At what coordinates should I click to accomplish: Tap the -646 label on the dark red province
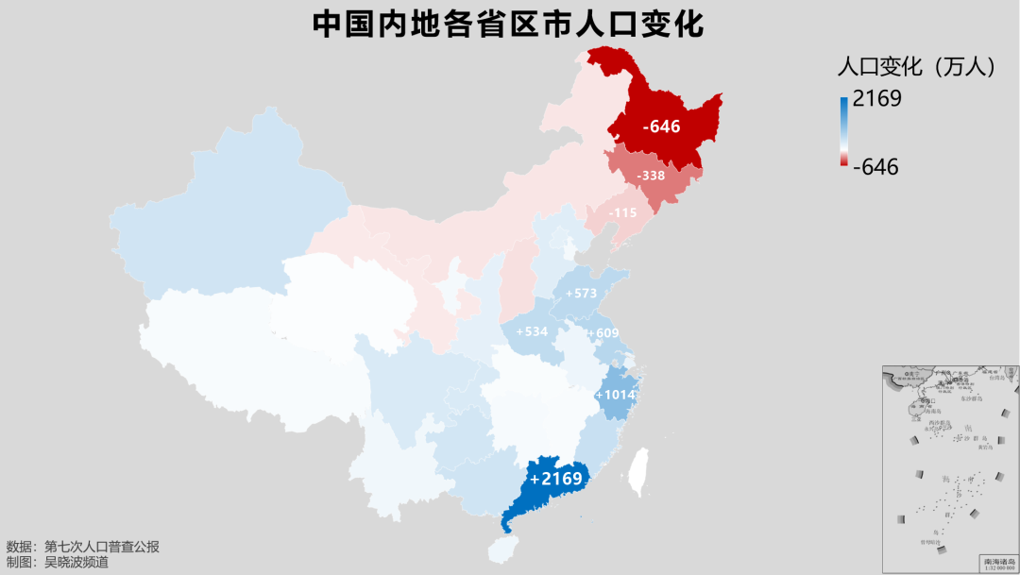pos(661,126)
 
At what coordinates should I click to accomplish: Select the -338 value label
pos(651,177)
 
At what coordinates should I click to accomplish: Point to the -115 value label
pos(622,213)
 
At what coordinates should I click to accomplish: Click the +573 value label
pos(581,294)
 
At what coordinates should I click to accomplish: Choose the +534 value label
pos(532,332)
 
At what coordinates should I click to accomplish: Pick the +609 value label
pos(603,333)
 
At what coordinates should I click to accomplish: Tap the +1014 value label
pos(617,395)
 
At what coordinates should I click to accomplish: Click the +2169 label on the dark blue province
pos(556,479)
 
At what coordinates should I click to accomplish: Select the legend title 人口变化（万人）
pos(917,66)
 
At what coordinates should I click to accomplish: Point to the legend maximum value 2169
pos(876,98)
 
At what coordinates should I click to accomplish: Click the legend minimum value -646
pos(875,167)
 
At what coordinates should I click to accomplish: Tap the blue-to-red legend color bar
pos(843,131)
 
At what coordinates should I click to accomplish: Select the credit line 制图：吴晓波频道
pos(58,563)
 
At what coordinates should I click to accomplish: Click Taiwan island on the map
pos(639,471)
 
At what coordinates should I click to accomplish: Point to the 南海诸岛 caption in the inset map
pos(998,561)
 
